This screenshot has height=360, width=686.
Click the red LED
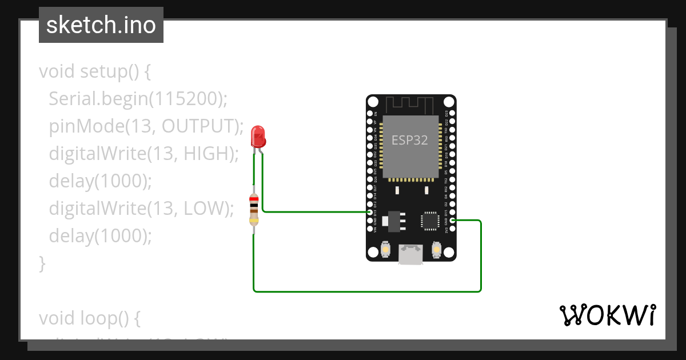pyautogui.click(x=258, y=137)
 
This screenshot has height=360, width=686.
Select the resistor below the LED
pyautogui.click(x=254, y=210)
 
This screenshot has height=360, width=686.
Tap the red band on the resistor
pyautogui.click(x=254, y=199)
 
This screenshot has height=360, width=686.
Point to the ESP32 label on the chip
pyautogui.click(x=409, y=141)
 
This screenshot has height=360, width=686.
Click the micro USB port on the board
pyautogui.click(x=411, y=254)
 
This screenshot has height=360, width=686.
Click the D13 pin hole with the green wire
pyautogui.click(x=370, y=212)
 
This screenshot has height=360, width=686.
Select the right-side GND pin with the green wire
pyautogui.click(x=452, y=220)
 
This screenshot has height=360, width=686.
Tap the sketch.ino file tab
pyautogui.click(x=101, y=25)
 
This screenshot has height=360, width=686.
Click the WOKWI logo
pyautogui.click(x=607, y=315)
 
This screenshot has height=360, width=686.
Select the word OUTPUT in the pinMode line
pyautogui.click(x=200, y=126)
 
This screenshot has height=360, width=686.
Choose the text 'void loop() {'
pyautogui.click(x=89, y=317)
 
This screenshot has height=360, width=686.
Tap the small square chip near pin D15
pyautogui.click(x=430, y=221)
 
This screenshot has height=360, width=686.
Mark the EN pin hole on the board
pyautogui.click(x=370, y=114)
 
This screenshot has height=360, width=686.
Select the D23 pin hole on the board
pyautogui.click(x=452, y=114)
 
